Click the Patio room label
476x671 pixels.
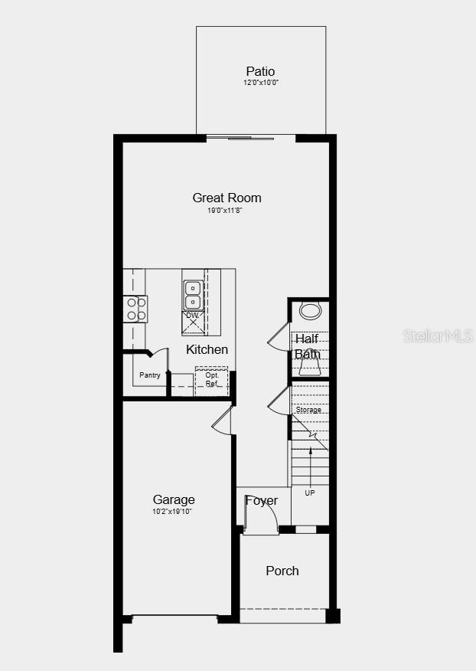click(260, 72)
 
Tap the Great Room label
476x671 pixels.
click(227, 198)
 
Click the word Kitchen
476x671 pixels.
click(207, 349)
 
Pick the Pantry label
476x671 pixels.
click(150, 375)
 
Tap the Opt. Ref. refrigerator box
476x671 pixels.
click(211, 379)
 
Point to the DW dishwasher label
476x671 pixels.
click(191, 316)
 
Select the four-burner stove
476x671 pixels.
click(136, 309)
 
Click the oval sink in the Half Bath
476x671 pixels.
click(310, 311)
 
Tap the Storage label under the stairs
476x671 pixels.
click(308, 411)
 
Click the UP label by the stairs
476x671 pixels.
click(310, 493)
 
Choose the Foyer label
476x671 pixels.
click(261, 501)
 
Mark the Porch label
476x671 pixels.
click(282, 571)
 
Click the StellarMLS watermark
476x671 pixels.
click(443, 335)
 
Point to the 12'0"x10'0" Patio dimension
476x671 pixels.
click(261, 83)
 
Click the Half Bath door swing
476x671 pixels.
click(278, 337)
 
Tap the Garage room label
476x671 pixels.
click(174, 500)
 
